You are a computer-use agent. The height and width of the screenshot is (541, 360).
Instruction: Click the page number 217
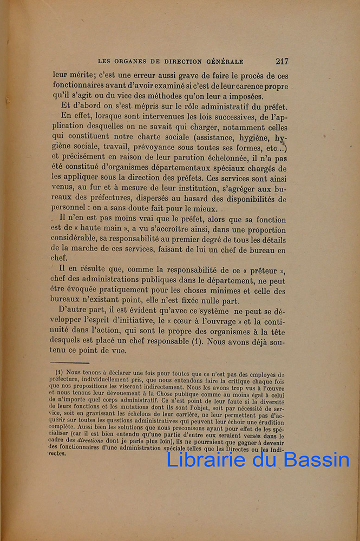[x=281, y=61]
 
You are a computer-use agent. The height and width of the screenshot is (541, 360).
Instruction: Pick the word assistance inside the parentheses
[x=208, y=137]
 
